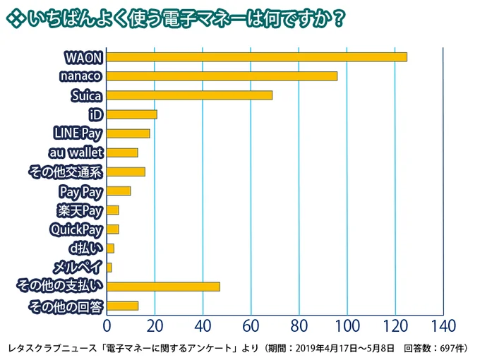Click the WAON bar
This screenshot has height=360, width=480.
(x=257, y=56)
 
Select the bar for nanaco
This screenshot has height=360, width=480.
(x=222, y=76)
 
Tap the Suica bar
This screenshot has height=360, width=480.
(x=189, y=95)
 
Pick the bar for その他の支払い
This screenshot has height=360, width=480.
(x=163, y=287)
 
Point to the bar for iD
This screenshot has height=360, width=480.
(x=131, y=114)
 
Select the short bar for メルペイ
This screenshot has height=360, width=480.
(x=109, y=268)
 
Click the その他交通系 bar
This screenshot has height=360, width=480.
(x=126, y=172)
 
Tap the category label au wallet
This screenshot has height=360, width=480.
(x=76, y=152)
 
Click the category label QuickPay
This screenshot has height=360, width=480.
(x=76, y=229)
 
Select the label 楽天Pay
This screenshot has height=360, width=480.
(x=80, y=210)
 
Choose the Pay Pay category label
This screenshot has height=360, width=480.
(x=81, y=191)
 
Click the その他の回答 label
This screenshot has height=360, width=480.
(x=66, y=306)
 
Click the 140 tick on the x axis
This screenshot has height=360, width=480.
(x=443, y=325)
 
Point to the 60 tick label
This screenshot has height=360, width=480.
(x=251, y=325)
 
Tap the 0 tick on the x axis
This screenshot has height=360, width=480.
(x=107, y=325)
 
